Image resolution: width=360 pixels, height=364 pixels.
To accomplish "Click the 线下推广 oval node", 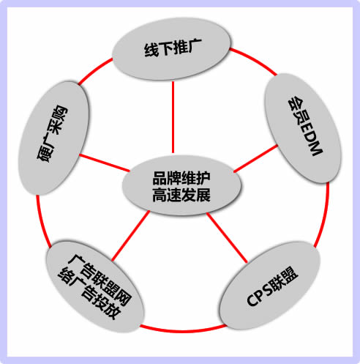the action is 171,48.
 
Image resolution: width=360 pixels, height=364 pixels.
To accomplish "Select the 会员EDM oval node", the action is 303,128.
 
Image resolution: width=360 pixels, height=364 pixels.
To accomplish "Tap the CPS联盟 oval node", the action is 270,285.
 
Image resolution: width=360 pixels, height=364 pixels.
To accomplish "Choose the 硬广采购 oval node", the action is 53,138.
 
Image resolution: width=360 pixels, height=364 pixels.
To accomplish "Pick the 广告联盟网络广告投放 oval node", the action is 95,286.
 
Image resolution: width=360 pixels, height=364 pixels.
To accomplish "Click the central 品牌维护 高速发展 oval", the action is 181,186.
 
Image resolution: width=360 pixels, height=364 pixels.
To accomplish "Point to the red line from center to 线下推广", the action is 173,117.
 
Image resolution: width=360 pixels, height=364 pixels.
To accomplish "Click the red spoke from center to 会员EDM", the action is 255,158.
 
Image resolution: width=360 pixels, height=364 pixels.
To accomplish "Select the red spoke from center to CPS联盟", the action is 227,237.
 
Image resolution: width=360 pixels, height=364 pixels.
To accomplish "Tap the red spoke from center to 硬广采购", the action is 104,163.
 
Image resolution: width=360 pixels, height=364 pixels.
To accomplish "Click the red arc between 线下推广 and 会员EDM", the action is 254,61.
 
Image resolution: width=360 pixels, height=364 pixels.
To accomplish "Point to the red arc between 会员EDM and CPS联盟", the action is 323,215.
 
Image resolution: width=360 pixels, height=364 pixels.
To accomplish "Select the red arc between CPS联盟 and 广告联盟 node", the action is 183,330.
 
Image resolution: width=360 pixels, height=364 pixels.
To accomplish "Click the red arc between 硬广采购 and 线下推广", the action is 94,70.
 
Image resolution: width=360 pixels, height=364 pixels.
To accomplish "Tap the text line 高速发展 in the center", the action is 181,195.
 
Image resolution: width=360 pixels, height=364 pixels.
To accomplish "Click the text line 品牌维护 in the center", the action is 181,178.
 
